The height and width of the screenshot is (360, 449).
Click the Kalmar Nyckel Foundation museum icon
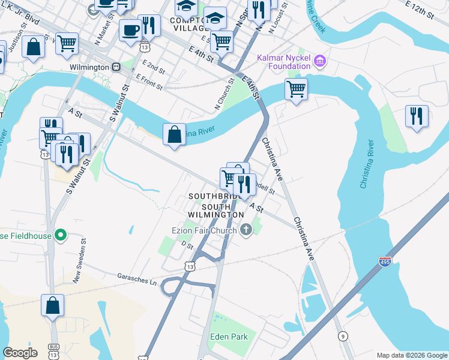pyautogui.click(x=320, y=61)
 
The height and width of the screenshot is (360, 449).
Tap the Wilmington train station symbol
pyautogui.click(x=116, y=67)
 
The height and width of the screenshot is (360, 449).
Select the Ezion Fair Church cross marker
pyautogui.click(x=246, y=229)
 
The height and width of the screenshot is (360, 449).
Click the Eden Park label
pyautogui.click(x=229, y=337)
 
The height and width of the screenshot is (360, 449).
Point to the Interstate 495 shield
pyautogui.click(x=385, y=262)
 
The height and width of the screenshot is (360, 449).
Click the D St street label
pyautogui.click(x=186, y=245)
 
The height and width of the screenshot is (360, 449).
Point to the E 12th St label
pyautogui.click(x=427, y=8)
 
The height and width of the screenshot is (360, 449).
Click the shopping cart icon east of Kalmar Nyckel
pyautogui.click(x=296, y=89)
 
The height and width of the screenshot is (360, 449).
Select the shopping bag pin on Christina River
pyautogui.click(x=174, y=134)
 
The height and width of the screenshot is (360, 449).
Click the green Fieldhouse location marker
pyautogui.click(x=59, y=235)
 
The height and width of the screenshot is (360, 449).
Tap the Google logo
pyautogui.click(x=20, y=353)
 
